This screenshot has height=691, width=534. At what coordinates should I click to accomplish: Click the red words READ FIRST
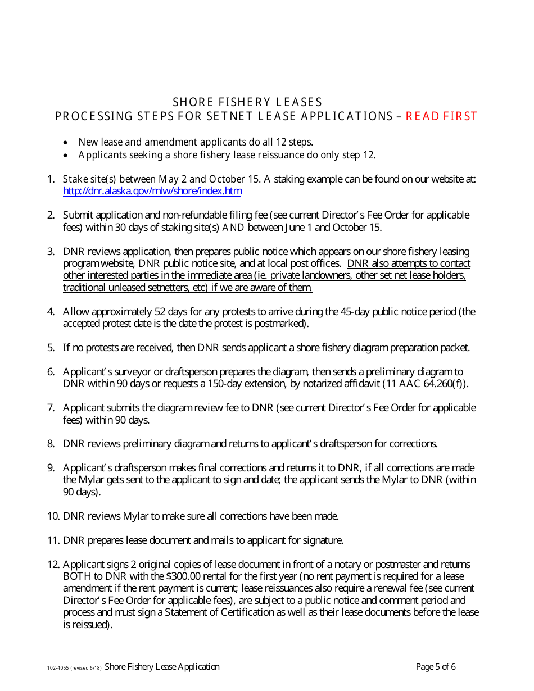point(441,116)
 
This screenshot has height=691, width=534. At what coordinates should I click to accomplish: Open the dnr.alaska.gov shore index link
point(152,191)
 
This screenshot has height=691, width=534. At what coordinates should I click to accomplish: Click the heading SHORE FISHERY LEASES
point(247,102)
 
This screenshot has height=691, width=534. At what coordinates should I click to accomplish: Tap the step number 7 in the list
point(51,408)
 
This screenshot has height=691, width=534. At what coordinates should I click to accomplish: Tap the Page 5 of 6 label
point(436,667)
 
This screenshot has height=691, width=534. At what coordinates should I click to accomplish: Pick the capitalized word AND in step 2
point(234,228)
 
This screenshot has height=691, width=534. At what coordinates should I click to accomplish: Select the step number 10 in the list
point(53,516)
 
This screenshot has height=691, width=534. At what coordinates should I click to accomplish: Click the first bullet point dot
point(66,143)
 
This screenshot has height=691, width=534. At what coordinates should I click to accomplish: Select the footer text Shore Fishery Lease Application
point(162,667)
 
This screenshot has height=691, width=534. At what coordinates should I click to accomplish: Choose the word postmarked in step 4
point(280,324)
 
